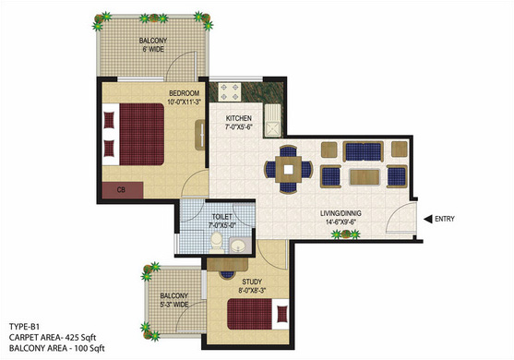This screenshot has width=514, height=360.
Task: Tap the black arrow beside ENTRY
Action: click(429, 219)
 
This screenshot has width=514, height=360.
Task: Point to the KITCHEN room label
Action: click(241, 119)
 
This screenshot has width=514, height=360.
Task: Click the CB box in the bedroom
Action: click(123, 190)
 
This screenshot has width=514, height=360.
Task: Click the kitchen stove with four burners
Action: click(229, 93)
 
